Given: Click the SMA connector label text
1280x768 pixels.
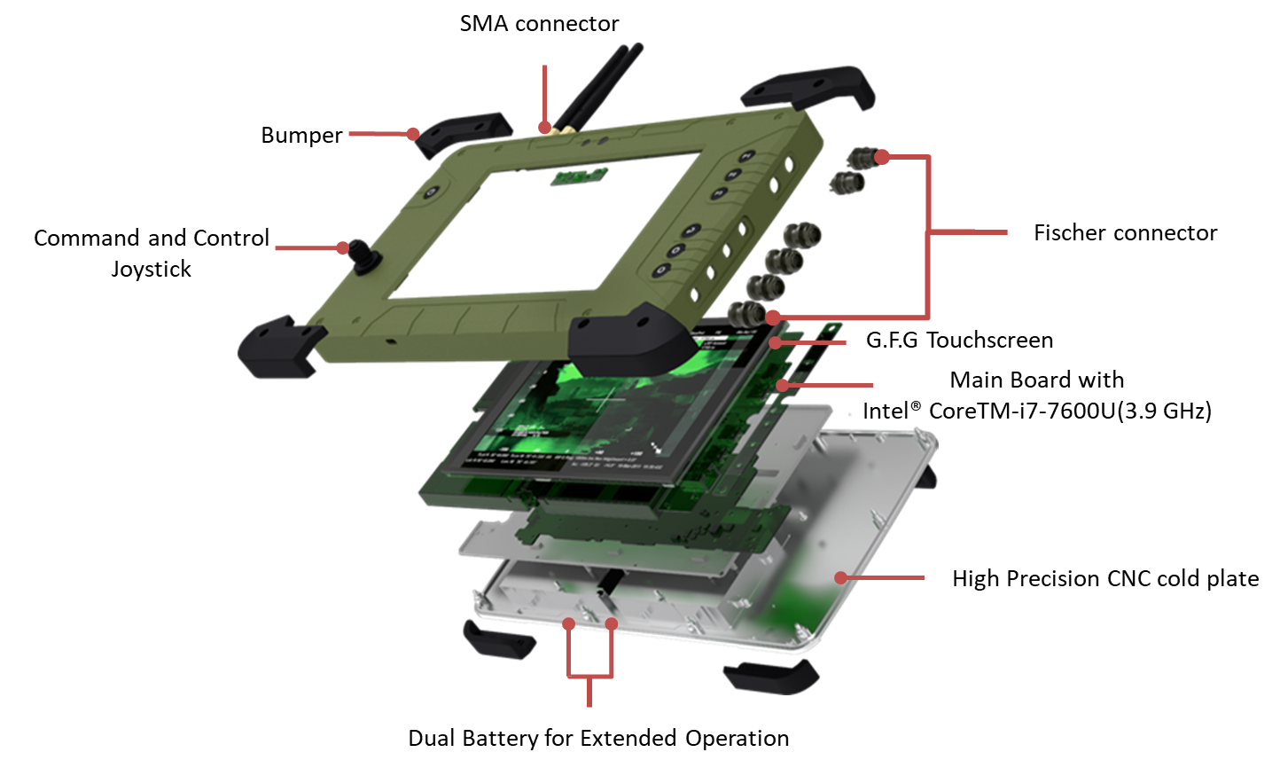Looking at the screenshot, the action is coord(539,23).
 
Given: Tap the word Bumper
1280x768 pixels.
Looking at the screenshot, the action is coord(301,136).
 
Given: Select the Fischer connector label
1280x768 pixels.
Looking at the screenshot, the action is coord(1125,232).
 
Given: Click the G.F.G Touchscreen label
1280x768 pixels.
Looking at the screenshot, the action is coord(959,341).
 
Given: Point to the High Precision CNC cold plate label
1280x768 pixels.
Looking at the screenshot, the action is coord(1105,579).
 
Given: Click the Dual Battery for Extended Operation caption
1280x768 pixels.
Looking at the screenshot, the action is coord(598,738).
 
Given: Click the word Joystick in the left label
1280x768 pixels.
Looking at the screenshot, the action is coord(151,270).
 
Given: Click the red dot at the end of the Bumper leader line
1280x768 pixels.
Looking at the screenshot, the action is coord(413,134).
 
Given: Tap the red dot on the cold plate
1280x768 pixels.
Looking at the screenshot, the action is coord(840,577).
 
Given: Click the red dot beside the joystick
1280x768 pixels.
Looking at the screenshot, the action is coord(342,247).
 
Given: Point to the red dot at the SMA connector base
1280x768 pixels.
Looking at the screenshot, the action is coord(544,127).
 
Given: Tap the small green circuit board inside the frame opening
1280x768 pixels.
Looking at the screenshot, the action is coord(578,176).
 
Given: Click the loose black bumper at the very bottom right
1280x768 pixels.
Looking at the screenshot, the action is coord(771,677).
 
